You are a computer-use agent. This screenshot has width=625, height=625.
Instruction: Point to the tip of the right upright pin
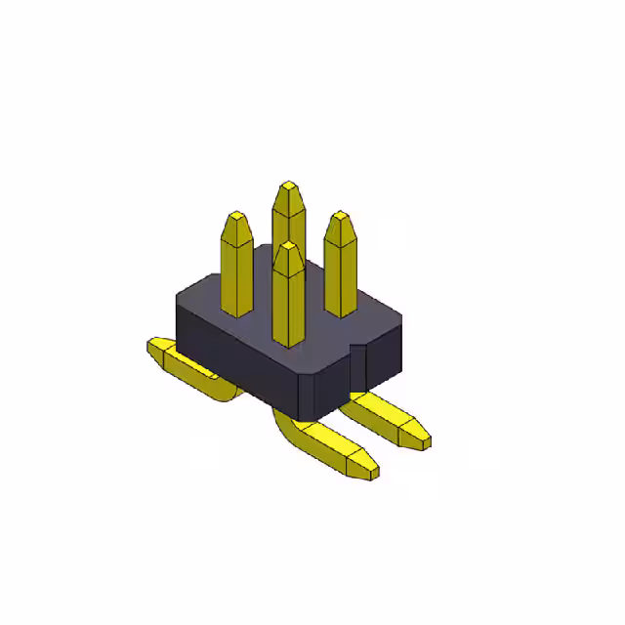tap(339, 216)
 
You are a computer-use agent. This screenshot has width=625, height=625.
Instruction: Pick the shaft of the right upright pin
tap(339, 278)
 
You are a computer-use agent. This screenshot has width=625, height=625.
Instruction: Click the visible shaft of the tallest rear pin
tap(289, 220)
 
